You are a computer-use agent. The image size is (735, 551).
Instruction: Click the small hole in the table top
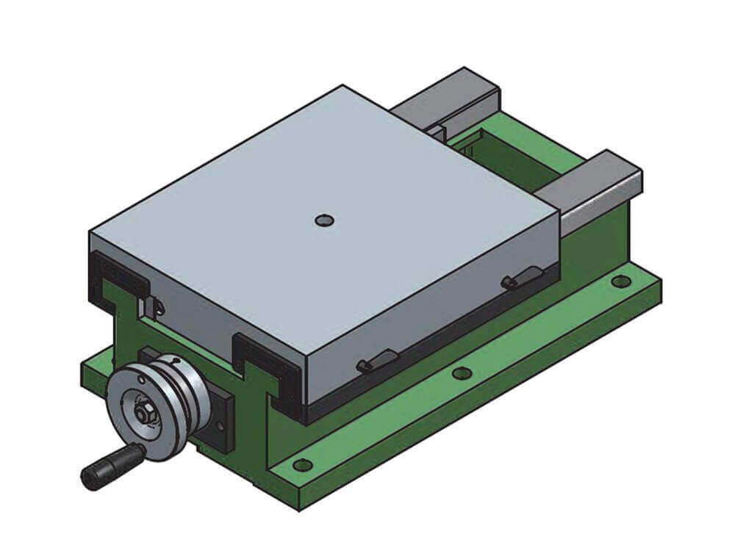tap(323, 220)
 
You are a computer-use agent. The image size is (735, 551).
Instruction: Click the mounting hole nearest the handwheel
tap(301, 464)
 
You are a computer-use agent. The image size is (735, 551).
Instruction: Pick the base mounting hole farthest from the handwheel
tap(620, 281)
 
